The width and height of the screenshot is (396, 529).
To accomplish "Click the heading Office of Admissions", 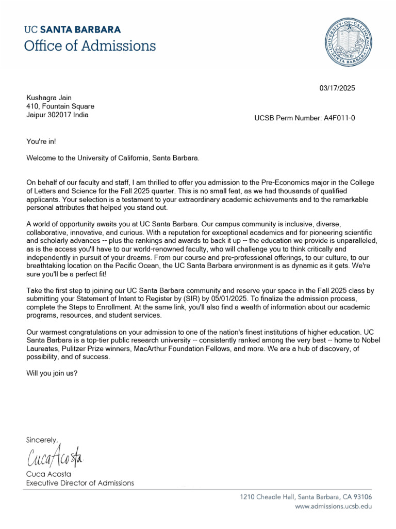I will point(90,45).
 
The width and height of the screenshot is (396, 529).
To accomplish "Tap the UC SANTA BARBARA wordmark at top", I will point(73,29).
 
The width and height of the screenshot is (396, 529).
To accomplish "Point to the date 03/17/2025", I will point(337,88).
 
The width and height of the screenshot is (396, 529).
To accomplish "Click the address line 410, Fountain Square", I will point(60,106).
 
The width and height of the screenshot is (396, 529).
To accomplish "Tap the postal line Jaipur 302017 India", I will point(57,115).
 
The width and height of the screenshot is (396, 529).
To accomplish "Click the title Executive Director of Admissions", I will point(80,483).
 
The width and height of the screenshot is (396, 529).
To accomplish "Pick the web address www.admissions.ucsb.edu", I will point(333,506).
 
